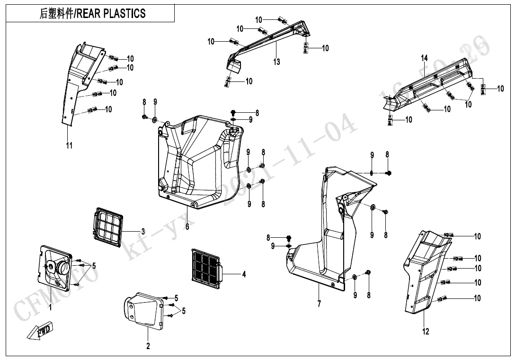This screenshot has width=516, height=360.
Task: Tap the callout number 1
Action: [51, 307]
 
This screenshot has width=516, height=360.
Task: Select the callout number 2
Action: [148, 346]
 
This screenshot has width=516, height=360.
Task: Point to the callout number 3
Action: [143, 231]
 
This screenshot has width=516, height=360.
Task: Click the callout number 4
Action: [244, 274]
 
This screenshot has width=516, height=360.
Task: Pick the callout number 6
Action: [187, 227]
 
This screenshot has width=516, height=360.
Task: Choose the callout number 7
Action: [319, 304]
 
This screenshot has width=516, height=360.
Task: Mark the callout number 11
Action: [69, 146]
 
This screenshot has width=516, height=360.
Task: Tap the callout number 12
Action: [426, 332]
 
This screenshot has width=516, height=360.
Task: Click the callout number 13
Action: [276, 62]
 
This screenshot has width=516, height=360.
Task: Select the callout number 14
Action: [425, 58]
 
